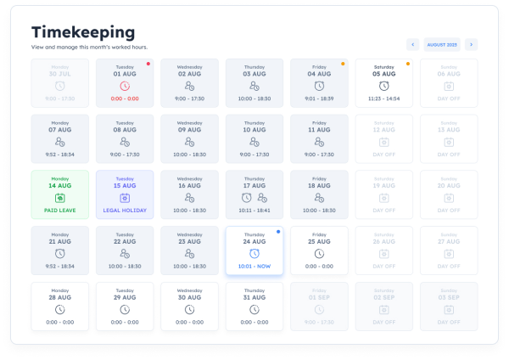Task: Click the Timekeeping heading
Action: [83, 31]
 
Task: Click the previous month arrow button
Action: [412, 44]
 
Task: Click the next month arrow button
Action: [471, 44]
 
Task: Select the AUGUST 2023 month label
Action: [442, 44]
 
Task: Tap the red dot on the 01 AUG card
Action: [148, 63]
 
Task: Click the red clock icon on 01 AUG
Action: [125, 86]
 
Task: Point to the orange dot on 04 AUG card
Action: [343, 63]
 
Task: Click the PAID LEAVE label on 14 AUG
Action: [60, 210]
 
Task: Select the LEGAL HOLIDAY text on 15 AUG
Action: [125, 210]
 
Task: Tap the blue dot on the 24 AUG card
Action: [278, 231]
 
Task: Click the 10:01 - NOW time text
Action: [254, 266]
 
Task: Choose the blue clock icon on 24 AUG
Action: [254, 253]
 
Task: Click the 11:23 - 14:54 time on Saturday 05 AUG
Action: [383, 98]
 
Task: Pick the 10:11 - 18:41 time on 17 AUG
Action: [254, 210]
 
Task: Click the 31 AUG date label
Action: [254, 297]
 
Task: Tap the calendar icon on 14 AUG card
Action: [60, 197]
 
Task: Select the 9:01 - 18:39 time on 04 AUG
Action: [319, 98]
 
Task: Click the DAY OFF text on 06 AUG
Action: [448, 98]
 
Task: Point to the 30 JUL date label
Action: [60, 73]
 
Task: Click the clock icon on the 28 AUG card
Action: [60, 310]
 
